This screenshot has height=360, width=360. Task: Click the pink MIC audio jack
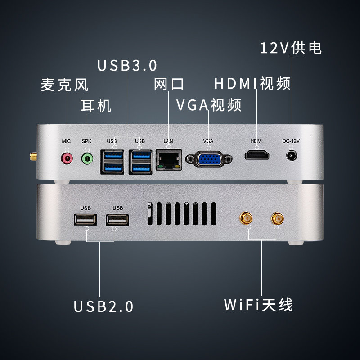click(x=67, y=157)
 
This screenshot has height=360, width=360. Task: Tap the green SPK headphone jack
click(x=87, y=158)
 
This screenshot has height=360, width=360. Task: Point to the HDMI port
click(x=256, y=156)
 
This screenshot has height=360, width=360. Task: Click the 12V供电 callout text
click(x=291, y=48)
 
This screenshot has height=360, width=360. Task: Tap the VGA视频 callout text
click(x=208, y=105)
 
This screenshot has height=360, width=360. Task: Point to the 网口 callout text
click(x=169, y=84)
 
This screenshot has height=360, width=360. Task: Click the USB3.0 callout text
click(x=127, y=65)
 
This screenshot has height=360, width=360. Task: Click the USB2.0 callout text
click(x=103, y=306)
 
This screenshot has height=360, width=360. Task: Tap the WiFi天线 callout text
click(x=259, y=305)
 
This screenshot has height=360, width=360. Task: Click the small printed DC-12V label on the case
click(x=291, y=141)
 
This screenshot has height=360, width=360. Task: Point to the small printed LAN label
click(x=168, y=141)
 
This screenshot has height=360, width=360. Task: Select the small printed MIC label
click(x=66, y=141)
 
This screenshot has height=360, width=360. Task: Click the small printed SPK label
click(x=86, y=141)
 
